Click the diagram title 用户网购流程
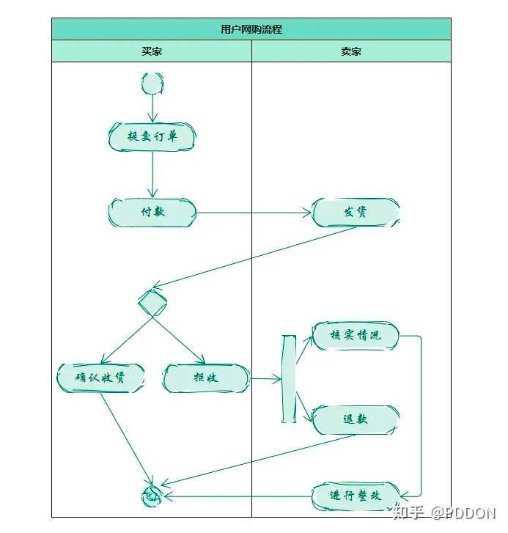(x=251, y=29)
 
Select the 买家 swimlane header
(x=152, y=51)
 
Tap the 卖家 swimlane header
(x=351, y=51)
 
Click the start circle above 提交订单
(x=152, y=83)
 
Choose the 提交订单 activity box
(x=152, y=136)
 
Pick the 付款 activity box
(x=152, y=213)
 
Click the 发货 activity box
(x=356, y=213)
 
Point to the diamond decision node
(x=152, y=301)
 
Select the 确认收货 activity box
(x=100, y=378)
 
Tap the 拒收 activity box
(x=206, y=378)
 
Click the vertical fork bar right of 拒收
(x=289, y=379)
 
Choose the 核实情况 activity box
(x=356, y=336)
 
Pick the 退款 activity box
(x=356, y=419)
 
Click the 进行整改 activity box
(x=356, y=496)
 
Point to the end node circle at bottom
(x=152, y=496)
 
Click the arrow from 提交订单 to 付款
(x=152, y=174)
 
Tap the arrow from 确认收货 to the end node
(x=127, y=439)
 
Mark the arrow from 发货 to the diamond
(x=254, y=257)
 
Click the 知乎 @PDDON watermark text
(x=443, y=513)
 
